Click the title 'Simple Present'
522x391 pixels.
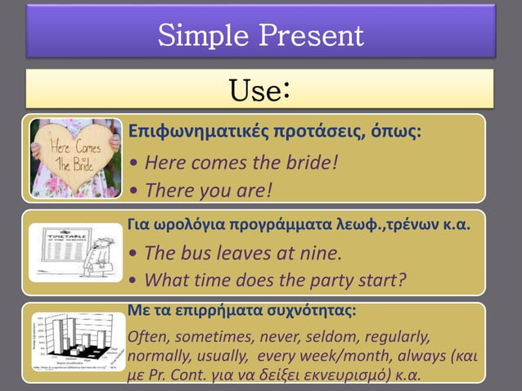[260, 35]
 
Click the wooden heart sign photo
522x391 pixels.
[75, 158]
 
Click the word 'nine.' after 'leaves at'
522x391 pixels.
[320, 252]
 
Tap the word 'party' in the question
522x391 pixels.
[327, 281]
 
